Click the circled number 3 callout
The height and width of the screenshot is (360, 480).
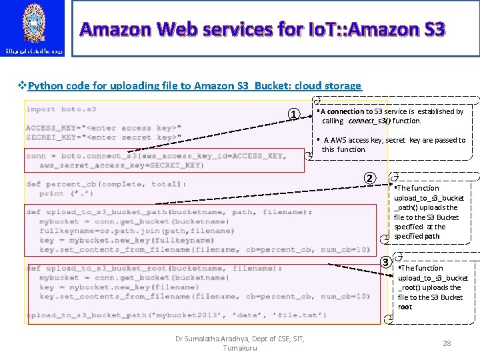[x=385, y=261]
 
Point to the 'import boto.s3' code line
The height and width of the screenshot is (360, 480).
[x=61, y=109]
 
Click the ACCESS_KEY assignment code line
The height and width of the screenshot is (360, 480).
[x=103, y=128]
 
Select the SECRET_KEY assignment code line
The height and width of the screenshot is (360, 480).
[x=103, y=137]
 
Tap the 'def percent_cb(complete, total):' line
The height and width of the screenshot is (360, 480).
[x=106, y=184]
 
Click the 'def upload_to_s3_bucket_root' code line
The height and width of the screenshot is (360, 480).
[x=153, y=268]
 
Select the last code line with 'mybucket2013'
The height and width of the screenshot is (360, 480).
[x=177, y=315]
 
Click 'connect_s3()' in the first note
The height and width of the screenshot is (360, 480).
[x=369, y=121]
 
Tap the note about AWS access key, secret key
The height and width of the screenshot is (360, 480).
[x=393, y=145]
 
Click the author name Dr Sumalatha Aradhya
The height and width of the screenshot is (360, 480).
[x=239, y=339]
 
